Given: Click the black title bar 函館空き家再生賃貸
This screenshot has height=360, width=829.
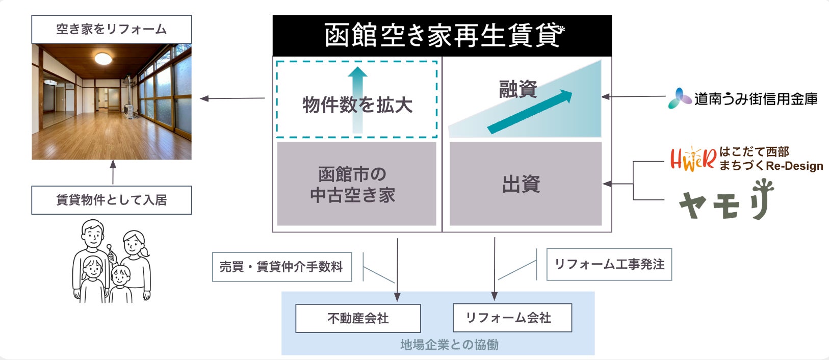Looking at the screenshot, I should point(442,35).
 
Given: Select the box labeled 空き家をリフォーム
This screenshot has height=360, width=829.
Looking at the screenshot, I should point(111,29).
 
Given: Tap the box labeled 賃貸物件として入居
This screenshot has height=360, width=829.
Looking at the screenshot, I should point(111,200).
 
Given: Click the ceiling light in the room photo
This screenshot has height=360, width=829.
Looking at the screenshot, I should point(103,59).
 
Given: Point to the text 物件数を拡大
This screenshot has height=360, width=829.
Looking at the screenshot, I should point(357,105).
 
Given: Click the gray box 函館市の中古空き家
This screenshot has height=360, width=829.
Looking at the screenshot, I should point(356,184).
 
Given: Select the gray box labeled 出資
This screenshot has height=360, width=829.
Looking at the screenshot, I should point(525,184).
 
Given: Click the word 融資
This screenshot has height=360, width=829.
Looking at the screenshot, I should point(517,89).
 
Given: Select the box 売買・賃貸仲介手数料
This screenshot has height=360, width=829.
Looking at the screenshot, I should point(282,267).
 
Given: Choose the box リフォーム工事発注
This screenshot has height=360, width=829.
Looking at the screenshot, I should point(609,264).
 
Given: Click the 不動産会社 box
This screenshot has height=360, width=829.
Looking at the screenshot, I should point(358,318).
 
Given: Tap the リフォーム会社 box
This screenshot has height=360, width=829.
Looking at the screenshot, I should point(512,318).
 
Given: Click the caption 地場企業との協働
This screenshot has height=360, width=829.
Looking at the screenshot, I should point(449,345).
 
